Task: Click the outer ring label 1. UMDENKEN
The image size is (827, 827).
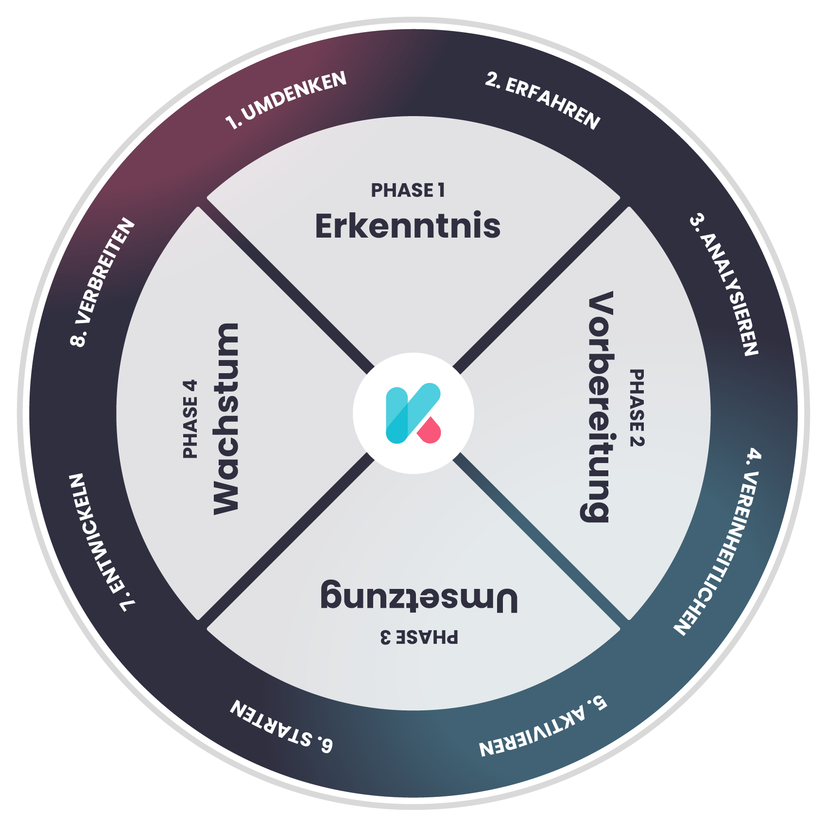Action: coord(286,100)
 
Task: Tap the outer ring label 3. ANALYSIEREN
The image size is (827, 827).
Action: coord(724,284)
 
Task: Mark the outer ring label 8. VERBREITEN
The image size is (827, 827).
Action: coord(102,282)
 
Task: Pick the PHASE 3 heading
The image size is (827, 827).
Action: coord(419,637)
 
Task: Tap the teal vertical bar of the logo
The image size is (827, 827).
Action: coord(396,415)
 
